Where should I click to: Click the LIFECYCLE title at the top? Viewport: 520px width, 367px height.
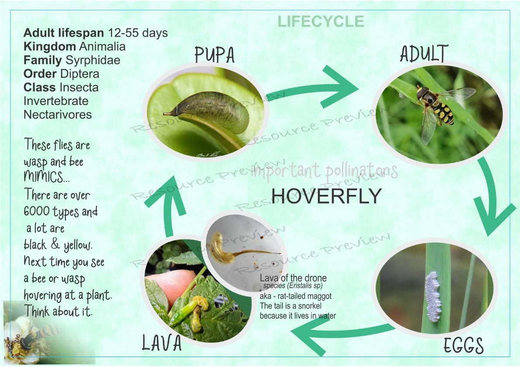tap(321, 21)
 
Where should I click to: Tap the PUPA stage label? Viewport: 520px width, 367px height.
tap(214, 54)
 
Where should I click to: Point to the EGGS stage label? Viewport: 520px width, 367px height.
tap(464, 346)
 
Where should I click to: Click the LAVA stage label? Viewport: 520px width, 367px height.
tap(162, 343)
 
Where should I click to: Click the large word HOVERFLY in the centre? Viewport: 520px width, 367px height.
tap(326, 196)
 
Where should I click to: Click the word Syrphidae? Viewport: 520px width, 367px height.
tap(93, 60)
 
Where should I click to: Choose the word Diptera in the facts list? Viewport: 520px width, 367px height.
tap(79, 74)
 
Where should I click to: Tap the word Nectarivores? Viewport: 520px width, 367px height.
tap(58, 115)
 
